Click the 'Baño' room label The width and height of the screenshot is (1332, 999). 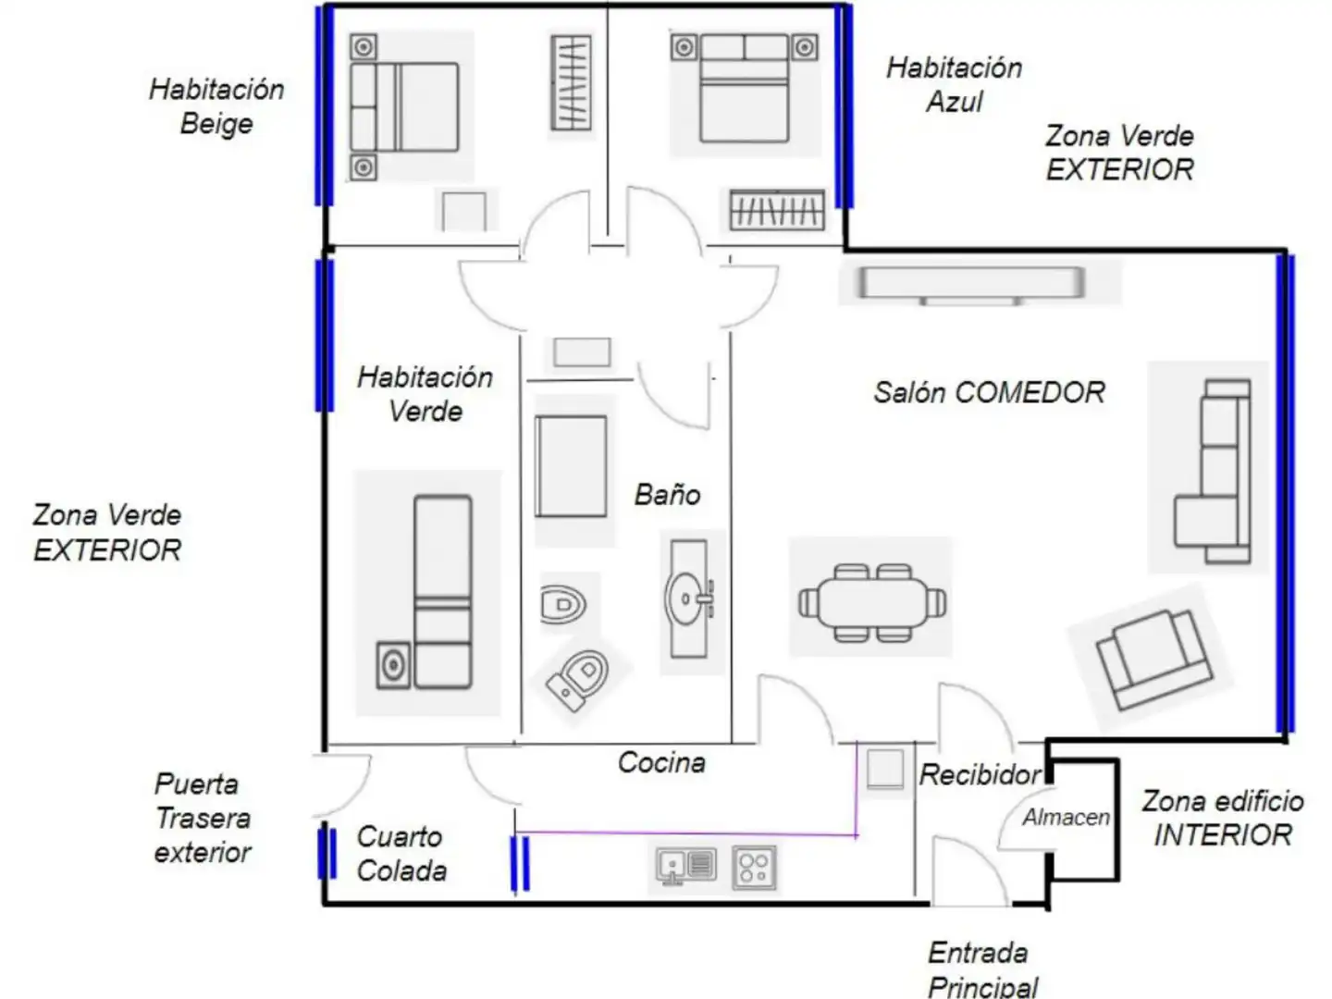pos(667,495)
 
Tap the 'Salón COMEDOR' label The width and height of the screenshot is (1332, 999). pos(989,392)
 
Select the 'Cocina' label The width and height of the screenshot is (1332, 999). pos(661,762)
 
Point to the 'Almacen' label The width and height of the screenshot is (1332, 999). pos(1067,818)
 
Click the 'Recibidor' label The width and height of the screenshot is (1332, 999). pos(980,774)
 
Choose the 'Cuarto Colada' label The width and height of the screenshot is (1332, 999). pos(401,854)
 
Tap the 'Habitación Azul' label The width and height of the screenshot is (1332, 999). pos(955,84)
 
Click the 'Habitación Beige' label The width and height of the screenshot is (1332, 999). pos(216,106)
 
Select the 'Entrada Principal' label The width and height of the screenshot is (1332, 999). pos(983,969)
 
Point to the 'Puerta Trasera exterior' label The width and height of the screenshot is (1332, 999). pos(202,819)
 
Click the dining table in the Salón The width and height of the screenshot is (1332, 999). pos(872,603)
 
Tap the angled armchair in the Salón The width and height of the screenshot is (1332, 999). pos(1153,660)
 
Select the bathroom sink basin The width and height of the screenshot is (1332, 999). pos(688,598)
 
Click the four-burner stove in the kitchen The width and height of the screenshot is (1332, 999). pos(754,868)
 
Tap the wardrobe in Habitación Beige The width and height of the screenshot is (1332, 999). pos(571,83)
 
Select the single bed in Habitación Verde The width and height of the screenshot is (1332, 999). pos(442,592)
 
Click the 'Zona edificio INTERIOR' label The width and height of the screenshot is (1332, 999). pos(1223,819)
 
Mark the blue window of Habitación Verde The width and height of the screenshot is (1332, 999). pos(324,336)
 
